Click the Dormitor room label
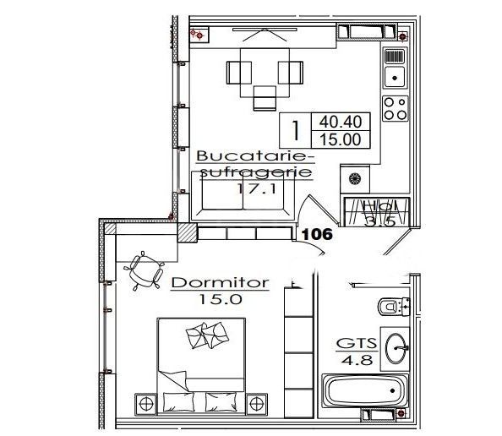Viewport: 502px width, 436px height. click(220, 283)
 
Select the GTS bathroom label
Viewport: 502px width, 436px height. click(358, 345)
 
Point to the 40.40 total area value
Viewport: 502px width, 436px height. click(339, 123)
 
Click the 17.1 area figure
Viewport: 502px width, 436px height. click(251, 189)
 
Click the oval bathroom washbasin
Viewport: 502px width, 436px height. click(398, 346)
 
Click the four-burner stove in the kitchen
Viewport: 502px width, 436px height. click(394, 107)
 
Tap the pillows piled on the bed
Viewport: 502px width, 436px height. click(206, 337)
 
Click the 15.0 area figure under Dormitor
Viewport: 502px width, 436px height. click(220, 298)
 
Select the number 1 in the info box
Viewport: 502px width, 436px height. click(295, 132)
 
